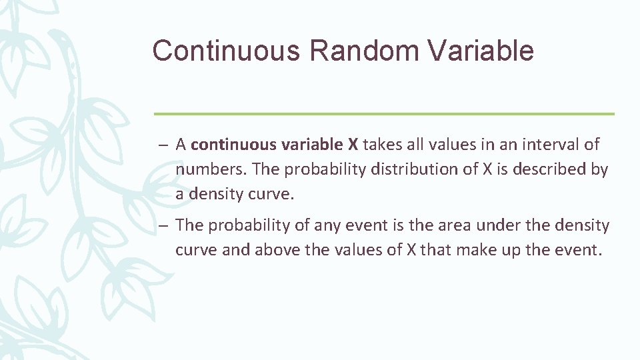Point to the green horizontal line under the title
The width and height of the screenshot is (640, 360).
point(384,114)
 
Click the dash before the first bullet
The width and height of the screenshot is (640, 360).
point(163,145)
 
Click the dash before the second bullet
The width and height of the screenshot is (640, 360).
point(163,226)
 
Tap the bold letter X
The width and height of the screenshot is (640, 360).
point(353,144)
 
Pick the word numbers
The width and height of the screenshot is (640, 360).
point(211,169)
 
